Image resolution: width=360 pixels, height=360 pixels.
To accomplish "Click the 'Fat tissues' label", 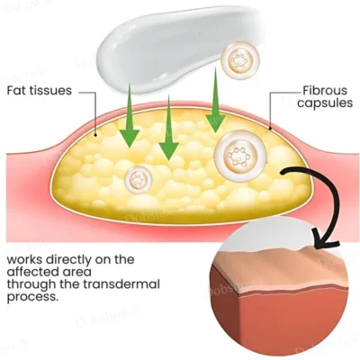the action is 40,91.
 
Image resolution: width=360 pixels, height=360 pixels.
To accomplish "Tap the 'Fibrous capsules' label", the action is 325,96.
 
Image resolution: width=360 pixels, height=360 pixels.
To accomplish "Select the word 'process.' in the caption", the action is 31,297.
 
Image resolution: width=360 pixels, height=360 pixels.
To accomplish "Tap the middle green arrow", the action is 169,128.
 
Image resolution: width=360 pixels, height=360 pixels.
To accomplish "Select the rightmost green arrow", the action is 215,100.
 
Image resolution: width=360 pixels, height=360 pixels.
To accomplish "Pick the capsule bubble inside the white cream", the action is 240,60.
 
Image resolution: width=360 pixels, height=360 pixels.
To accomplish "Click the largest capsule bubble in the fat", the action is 240,156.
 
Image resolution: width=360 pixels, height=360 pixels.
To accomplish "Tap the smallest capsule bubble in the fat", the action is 139,180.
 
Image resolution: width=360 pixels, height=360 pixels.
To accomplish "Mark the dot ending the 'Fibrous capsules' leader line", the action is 270,129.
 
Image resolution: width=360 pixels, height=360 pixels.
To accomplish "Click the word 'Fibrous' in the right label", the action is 325,91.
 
